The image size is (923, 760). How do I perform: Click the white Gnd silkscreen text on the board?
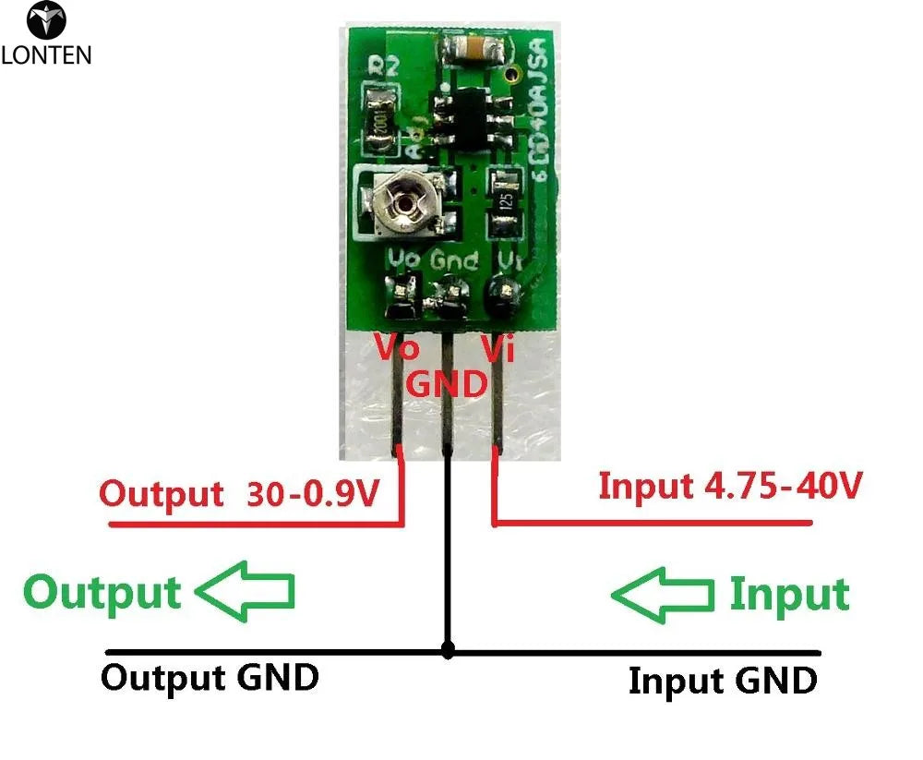tap(454, 260)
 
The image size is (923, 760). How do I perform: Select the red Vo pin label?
tap(395, 349)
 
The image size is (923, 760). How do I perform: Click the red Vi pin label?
tap(497, 349)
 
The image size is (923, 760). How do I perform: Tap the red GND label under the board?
tap(447, 382)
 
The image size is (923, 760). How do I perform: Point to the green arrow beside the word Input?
tap(663, 594)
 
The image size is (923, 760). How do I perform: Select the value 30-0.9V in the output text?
tap(314, 493)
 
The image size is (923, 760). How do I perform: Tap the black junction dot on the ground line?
tap(448, 650)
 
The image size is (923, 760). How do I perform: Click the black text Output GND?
tap(210, 678)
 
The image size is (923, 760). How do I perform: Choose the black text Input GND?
tap(722, 682)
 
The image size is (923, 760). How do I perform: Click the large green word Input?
tap(789, 595)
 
